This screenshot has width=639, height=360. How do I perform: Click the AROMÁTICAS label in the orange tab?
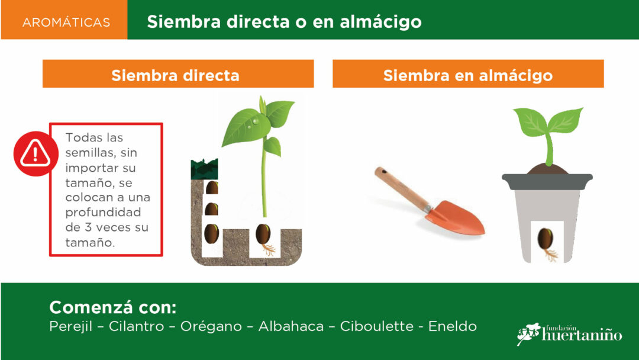click(66, 22)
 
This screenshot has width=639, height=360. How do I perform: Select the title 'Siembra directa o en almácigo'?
click(284, 22)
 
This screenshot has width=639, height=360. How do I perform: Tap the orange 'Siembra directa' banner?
click(178, 74)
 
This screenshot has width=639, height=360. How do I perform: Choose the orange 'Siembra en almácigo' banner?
click(468, 74)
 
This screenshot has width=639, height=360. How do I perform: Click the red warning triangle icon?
click(35, 154)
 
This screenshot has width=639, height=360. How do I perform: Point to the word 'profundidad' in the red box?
click(103, 213)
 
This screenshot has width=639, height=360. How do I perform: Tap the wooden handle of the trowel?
click(401, 188)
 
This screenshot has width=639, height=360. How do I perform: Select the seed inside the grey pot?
click(545, 239)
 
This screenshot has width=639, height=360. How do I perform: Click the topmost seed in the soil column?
click(212, 188)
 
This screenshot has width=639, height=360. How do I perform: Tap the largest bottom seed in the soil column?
click(211, 234)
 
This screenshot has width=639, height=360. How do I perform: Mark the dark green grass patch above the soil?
click(204, 169)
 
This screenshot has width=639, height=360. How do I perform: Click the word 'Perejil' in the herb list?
click(70, 327)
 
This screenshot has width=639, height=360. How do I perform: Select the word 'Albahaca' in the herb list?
click(291, 326)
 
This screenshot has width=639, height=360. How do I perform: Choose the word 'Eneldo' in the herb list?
click(453, 326)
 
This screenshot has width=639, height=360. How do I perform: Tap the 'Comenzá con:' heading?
click(113, 307)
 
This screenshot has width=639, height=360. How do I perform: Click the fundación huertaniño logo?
click(569, 334)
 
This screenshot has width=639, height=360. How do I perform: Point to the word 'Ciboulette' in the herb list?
click(376, 326)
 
